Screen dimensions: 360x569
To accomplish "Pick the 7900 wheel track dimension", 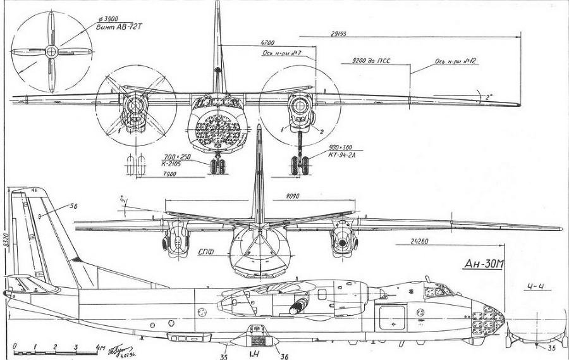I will pos(152,175).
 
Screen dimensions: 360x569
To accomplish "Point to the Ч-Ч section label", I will pos(535,287).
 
